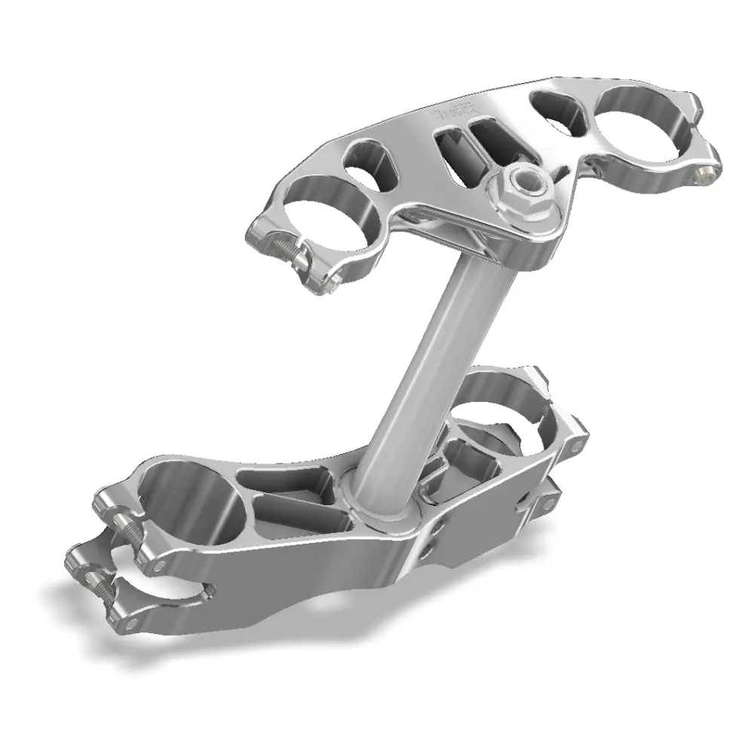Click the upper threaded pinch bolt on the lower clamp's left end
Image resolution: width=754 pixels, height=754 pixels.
click(129, 531)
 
